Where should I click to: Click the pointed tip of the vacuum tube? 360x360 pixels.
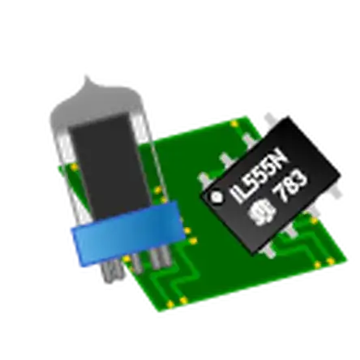pos(87,77)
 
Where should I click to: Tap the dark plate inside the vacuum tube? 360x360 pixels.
pos(110,168)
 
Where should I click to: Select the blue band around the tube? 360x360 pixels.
pos(128,234)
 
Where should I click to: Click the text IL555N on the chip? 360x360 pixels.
pos(259,176)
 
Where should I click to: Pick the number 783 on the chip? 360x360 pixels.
pos(290,186)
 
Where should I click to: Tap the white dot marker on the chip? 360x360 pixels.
pos(216,197)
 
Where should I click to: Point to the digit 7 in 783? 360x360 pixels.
pos(280,194)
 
